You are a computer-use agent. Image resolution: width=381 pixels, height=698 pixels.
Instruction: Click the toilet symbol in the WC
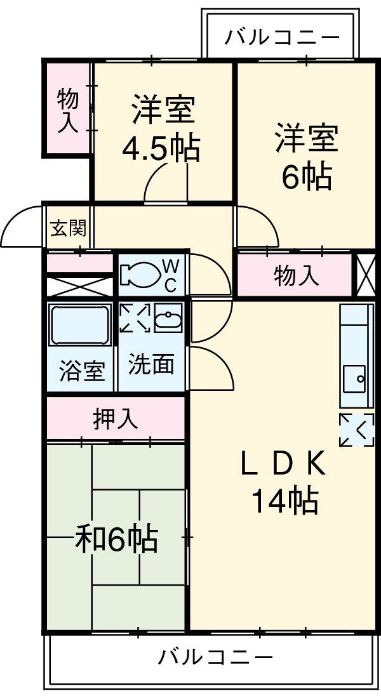(138, 275)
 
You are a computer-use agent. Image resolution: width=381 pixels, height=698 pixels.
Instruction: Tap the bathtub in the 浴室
(80, 324)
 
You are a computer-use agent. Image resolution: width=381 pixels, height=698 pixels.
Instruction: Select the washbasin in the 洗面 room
(168, 318)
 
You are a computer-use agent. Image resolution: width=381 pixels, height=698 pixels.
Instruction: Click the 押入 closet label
(116, 419)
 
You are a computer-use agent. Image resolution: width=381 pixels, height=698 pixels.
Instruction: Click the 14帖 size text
(285, 501)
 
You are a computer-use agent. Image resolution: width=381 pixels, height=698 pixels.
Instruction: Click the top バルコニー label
(282, 37)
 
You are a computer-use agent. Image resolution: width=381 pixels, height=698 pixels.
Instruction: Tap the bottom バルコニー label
(216, 657)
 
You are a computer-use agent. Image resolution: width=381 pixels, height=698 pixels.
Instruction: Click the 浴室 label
(83, 371)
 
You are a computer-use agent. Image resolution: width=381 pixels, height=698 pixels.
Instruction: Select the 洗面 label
(151, 365)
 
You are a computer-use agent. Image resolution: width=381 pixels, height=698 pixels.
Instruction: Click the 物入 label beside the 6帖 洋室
(297, 277)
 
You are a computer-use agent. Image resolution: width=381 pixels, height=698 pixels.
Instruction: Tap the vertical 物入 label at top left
(68, 111)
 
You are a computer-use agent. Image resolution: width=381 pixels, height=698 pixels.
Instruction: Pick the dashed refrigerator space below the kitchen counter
(356, 430)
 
